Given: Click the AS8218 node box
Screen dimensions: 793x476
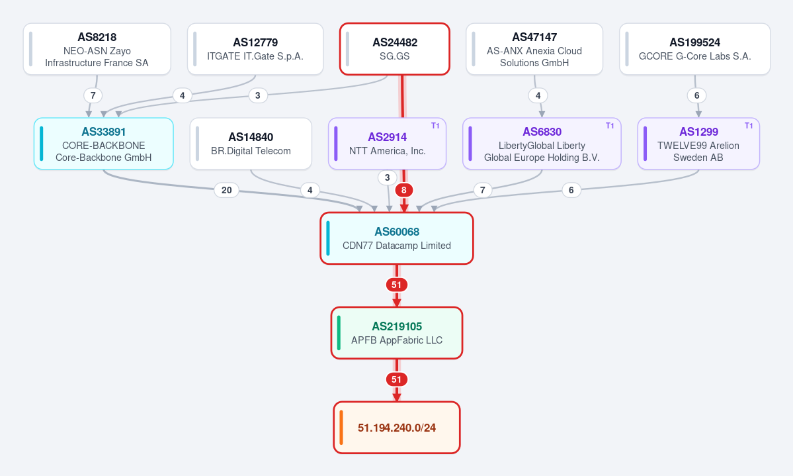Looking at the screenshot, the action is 97,49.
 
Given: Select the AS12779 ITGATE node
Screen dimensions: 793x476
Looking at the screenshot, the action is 255,49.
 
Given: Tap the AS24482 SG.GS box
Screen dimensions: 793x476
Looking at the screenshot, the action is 395,49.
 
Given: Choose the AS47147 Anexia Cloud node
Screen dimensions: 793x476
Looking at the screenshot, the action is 534,49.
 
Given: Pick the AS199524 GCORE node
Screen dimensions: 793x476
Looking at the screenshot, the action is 695,49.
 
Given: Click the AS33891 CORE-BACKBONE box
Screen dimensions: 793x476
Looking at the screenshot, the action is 104,144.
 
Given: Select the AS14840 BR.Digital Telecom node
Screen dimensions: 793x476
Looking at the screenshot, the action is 251,144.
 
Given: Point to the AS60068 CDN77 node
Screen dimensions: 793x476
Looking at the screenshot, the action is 397,238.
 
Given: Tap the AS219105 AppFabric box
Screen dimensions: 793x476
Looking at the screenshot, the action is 397,333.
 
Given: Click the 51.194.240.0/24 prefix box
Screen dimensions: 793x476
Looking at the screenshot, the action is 397,428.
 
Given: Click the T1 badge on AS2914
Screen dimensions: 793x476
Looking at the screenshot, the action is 435,126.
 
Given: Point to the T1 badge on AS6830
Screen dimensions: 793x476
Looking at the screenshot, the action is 610,126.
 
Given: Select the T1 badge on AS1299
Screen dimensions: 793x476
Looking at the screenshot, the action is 749,126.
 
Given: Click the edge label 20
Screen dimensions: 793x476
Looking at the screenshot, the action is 227,190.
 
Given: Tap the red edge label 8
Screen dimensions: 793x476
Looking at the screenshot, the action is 403,190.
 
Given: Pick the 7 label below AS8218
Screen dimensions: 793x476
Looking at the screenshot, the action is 93,95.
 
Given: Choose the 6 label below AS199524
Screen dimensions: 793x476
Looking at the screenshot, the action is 697,95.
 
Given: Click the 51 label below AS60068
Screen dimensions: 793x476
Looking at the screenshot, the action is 397,285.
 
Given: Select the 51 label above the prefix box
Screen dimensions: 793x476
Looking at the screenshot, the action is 397,379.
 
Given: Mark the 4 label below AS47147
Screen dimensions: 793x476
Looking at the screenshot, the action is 538,95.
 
